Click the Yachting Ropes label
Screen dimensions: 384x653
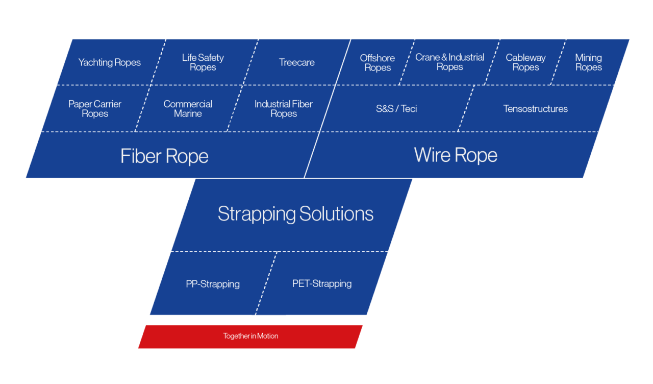109,62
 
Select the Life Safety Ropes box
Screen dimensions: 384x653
203,62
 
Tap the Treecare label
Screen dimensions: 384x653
296,62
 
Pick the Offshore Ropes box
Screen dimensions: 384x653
378,63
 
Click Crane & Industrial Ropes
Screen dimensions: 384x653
449,62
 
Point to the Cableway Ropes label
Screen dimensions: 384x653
525,62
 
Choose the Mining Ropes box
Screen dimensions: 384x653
588,62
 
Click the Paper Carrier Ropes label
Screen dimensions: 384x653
95,109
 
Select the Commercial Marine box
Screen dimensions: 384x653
188,109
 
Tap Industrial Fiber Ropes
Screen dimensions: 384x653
284,109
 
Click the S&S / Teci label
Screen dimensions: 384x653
396,109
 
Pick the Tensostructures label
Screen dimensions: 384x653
535,109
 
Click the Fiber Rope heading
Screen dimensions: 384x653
164,156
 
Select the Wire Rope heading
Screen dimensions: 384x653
456,155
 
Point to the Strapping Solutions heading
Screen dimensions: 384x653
295,213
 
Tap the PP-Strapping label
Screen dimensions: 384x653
213,284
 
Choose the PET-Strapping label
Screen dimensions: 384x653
322,283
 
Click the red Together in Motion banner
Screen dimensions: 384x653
250,336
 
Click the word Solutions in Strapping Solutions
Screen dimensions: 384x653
336,213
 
